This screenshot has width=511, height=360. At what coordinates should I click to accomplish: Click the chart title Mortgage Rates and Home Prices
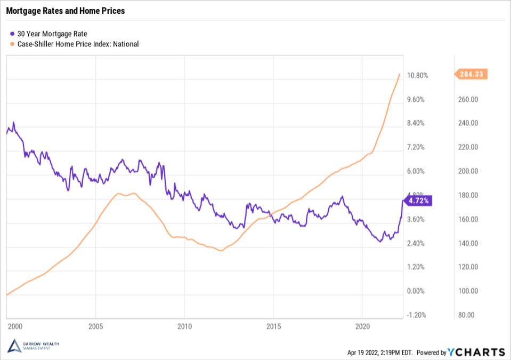pyautogui.click(x=66, y=11)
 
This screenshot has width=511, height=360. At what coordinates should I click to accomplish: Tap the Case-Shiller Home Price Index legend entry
pyautogui.click(x=74, y=44)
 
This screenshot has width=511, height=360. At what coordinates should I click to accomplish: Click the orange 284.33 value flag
pyautogui.click(x=471, y=74)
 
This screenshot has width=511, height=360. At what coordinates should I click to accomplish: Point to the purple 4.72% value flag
pyautogui.click(x=418, y=201)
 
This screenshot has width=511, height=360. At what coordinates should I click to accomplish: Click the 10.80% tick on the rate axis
pyautogui.click(x=417, y=75)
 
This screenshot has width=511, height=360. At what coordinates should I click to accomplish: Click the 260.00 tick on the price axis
pyautogui.click(x=468, y=99)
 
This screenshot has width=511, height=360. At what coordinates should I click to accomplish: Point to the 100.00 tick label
pyautogui.click(x=468, y=291)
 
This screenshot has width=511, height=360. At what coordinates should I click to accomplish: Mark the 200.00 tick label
pyautogui.click(x=468, y=171)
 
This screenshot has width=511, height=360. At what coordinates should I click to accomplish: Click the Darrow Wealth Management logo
pyautogui.click(x=34, y=346)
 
